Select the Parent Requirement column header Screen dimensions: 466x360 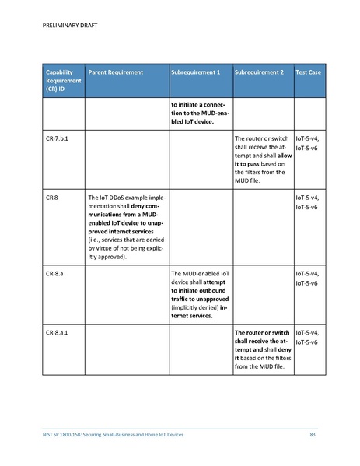(116, 72)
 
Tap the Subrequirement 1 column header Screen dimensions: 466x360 (195, 72)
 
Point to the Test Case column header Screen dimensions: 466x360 (308, 72)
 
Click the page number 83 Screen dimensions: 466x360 (313, 433)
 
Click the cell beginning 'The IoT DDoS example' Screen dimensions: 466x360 (124, 227)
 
